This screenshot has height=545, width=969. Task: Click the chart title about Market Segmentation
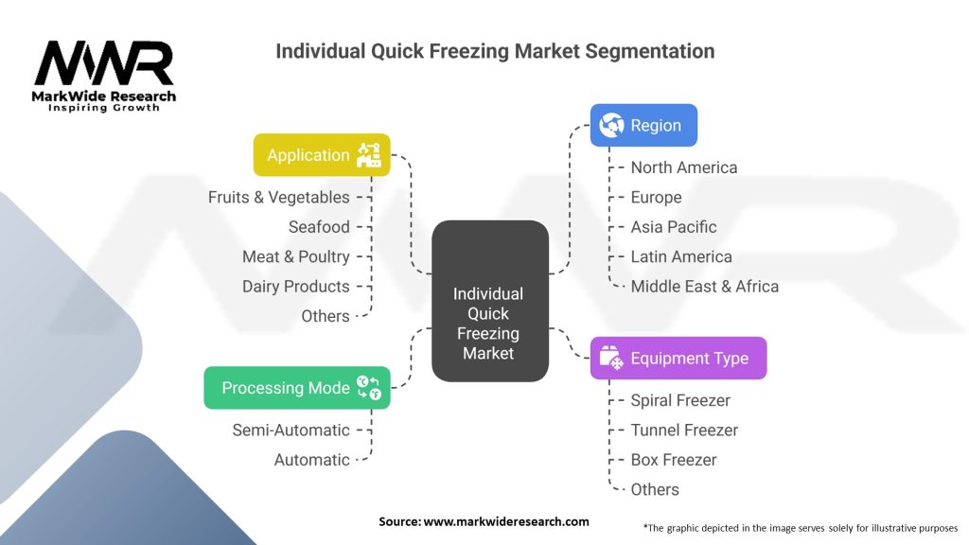(495, 50)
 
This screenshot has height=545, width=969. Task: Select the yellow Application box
(323, 155)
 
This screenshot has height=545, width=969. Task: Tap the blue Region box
(643, 125)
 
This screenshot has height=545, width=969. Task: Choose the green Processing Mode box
(296, 388)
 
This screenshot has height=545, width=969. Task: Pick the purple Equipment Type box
(678, 359)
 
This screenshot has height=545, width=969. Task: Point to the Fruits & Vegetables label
(279, 198)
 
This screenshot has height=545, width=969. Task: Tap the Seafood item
(319, 227)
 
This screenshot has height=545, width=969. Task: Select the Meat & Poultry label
(296, 256)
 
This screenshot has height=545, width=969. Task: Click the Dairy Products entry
(296, 286)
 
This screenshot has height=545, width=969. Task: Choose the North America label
(684, 167)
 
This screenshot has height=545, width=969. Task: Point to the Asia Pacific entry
(674, 227)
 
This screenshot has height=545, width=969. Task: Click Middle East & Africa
(705, 286)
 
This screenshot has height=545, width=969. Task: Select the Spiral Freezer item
(680, 400)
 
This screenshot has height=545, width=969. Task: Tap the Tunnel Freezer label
(684, 430)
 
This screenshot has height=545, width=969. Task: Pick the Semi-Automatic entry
(291, 430)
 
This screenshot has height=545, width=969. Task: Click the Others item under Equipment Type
(655, 489)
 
